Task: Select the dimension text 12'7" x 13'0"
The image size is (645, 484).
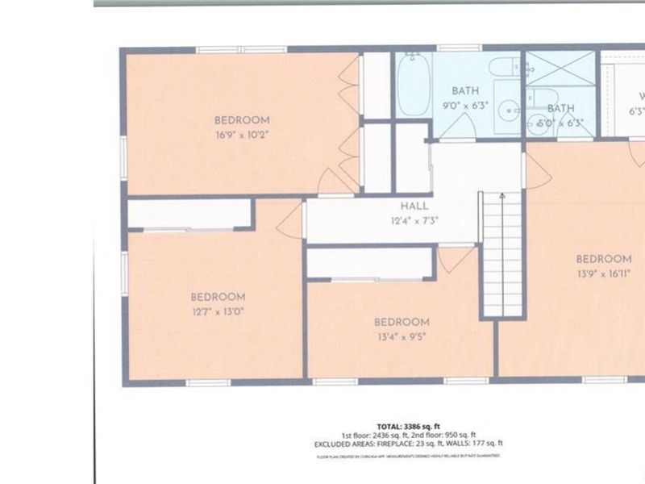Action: click(x=218, y=311)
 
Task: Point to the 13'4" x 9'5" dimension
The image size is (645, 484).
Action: click(x=401, y=336)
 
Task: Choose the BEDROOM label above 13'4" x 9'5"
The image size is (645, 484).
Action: click(x=401, y=322)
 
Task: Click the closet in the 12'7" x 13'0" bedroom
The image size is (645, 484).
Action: click(x=190, y=214)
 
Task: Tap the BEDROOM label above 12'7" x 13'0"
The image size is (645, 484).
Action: click(x=218, y=296)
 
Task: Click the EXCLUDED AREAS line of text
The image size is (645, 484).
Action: click(x=409, y=443)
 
